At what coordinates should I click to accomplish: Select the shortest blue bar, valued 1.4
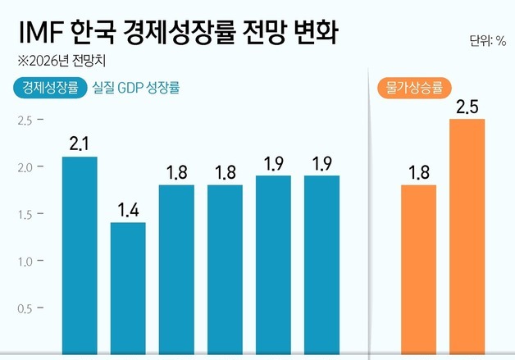(128, 290)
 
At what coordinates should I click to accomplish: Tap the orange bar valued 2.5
(467, 239)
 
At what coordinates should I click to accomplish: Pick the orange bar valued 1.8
(418, 271)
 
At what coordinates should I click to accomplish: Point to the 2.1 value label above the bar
(80, 144)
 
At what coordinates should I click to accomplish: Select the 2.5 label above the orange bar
(467, 107)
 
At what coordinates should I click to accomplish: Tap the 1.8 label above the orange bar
(418, 173)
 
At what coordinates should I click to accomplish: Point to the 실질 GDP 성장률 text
(137, 87)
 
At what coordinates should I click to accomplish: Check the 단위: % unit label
(488, 40)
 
